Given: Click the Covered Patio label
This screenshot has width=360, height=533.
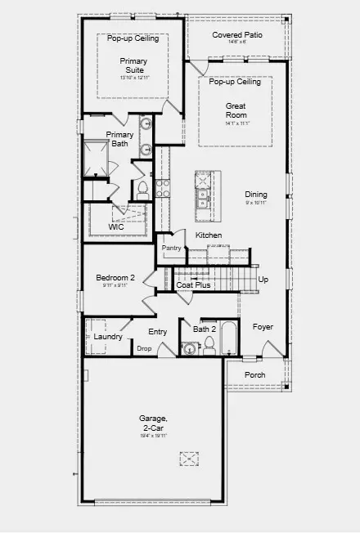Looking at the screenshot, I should (x=236, y=35).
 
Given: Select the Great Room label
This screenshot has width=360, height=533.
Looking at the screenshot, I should (x=236, y=111).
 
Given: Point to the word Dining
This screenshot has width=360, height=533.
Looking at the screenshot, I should (x=255, y=195).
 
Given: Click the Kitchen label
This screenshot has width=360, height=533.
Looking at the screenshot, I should (x=208, y=235).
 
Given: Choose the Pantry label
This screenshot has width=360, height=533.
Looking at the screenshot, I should (x=171, y=248).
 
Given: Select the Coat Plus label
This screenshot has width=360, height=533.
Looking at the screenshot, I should (x=194, y=285).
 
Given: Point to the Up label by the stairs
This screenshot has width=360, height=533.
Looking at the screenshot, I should (x=263, y=280).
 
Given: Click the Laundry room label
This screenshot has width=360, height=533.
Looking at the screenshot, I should (x=108, y=337).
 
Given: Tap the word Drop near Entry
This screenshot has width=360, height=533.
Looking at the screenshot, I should (x=144, y=348).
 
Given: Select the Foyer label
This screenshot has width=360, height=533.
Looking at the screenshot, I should (x=262, y=327).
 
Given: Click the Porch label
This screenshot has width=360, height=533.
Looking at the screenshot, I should (x=255, y=375).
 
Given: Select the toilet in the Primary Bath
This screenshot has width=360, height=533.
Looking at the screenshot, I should (x=142, y=190).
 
